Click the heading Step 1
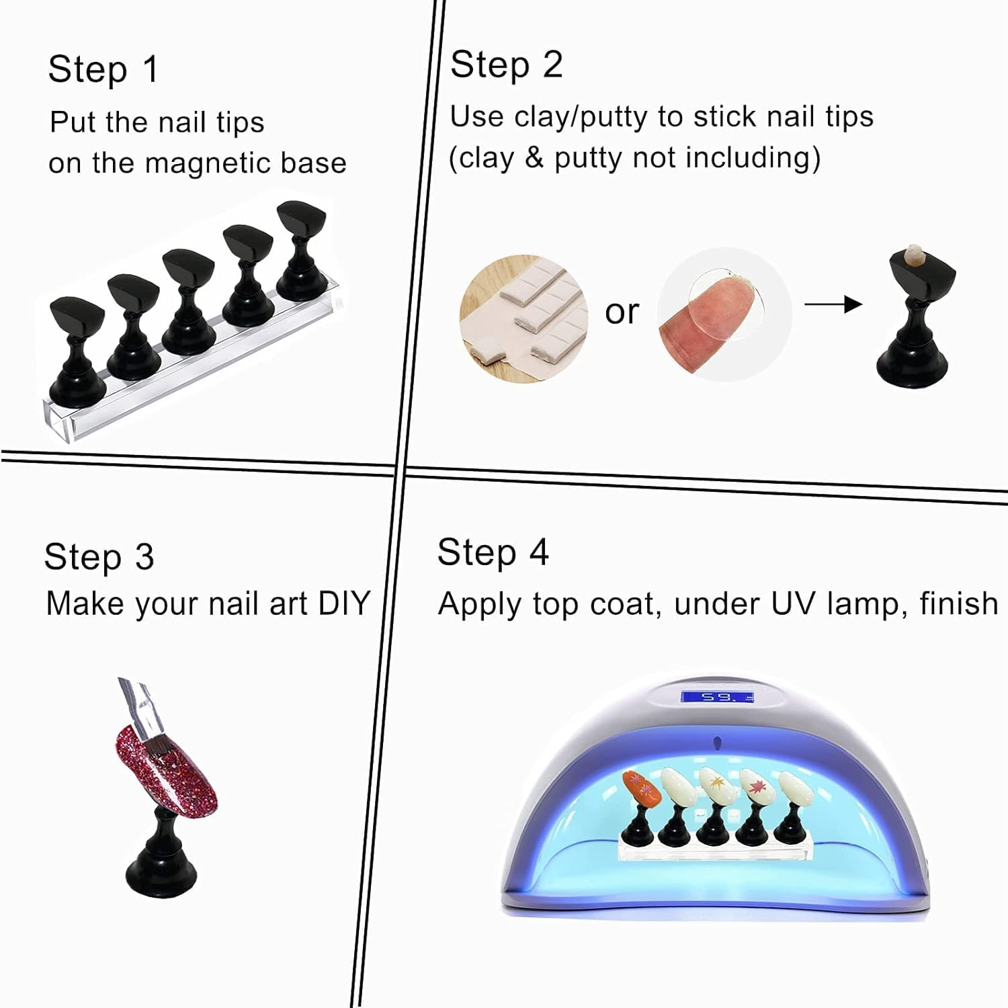click(103, 69)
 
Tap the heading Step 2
click(506, 65)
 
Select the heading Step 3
click(99, 557)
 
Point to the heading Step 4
click(493, 553)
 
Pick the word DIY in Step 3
click(344, 603)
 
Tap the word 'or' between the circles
click(622, 312)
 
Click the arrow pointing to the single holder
click(833, 304)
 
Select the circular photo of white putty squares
click(523, 319)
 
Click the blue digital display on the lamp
click(717, 696)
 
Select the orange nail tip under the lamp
click(640, 788)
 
